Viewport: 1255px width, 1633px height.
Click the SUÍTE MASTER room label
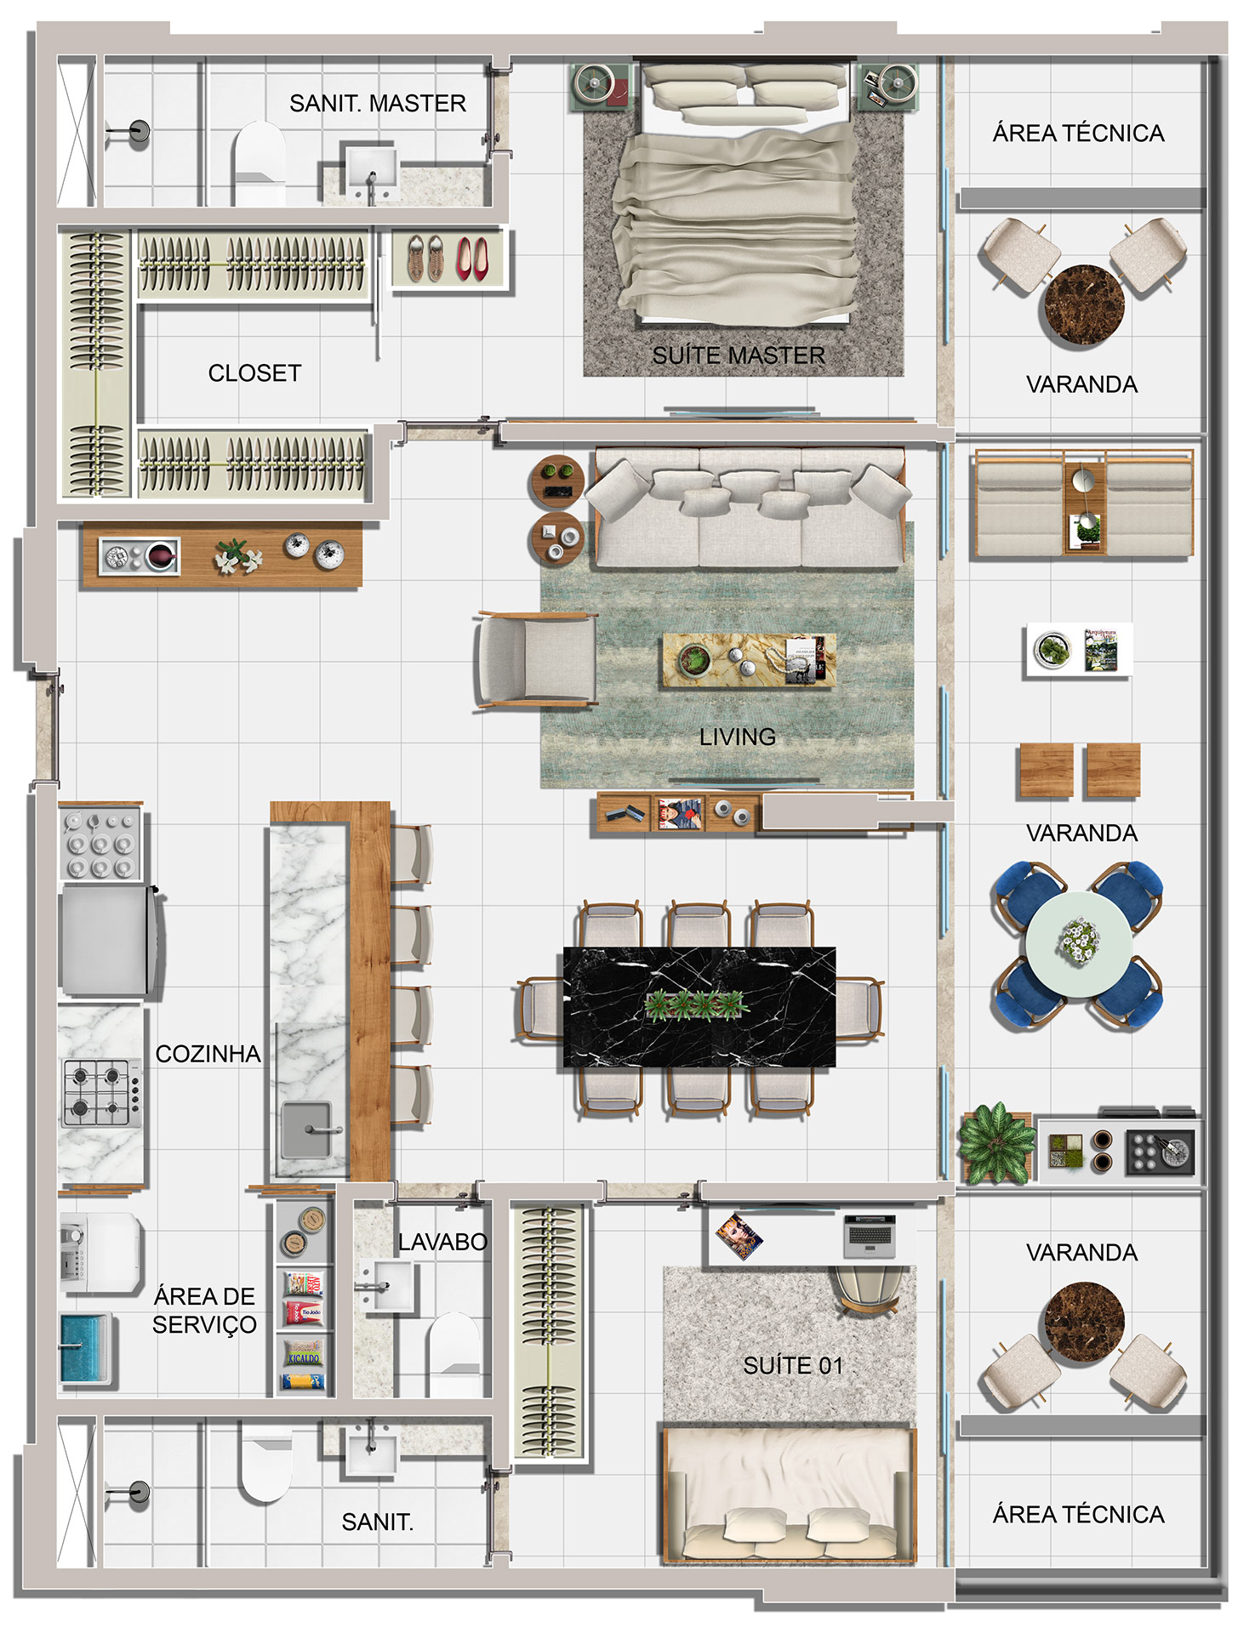pyautogui.click(x=739, y=356)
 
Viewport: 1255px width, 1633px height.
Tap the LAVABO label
pyautogui.click(x=442, y=1242)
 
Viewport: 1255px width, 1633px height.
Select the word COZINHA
pyautogui.click(x=208, y=1054)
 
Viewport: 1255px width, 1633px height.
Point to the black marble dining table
pyautogui.click(x=699, y=1006)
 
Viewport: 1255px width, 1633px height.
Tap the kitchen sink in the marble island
pyautogui.click(x=307, y=1130)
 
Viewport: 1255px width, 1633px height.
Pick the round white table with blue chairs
pyautogui.click(x=1079, y=944)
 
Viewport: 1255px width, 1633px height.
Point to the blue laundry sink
pyautogui.click(x=85, y=1347)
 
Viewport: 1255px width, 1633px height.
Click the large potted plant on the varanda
pyautogui.click(x=995, y=1143)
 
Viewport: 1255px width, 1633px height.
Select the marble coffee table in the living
pyautogui.click(x=750, y=659)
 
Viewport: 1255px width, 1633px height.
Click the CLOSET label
pyautogui.click(x=254, y=373)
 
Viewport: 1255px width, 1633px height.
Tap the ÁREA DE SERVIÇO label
pyautogui.click(x=204, y=1311)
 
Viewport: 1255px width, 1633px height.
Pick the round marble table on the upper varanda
pyautogui.click(x=1084, y=305)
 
